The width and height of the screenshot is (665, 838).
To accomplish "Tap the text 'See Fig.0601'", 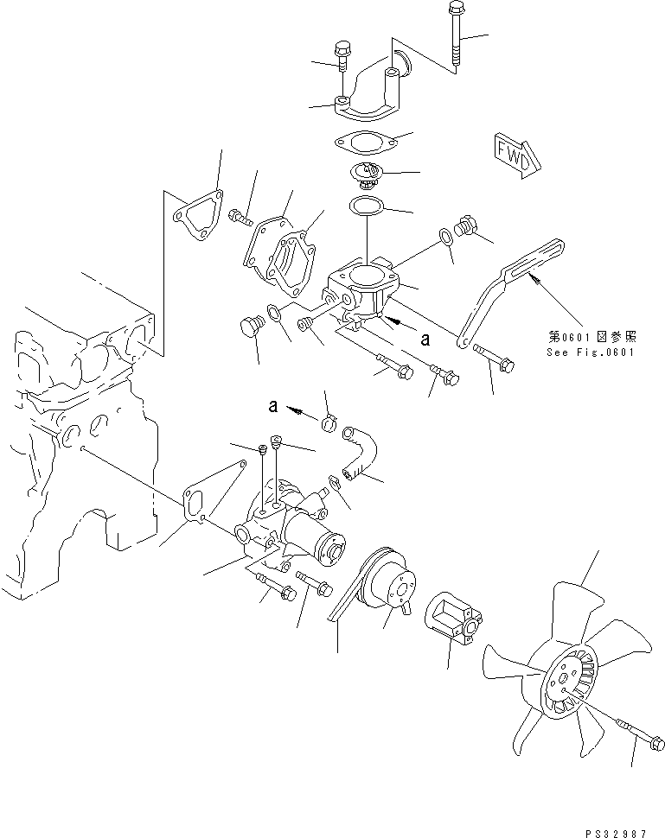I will [591, 352].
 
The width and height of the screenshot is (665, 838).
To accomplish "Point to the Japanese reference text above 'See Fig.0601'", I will [591, 337].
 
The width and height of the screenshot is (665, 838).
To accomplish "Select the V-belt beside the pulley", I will [350, 594].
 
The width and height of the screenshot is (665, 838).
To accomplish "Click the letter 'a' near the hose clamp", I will [273, 404].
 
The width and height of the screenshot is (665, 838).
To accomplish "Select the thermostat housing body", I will [363, 289].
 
